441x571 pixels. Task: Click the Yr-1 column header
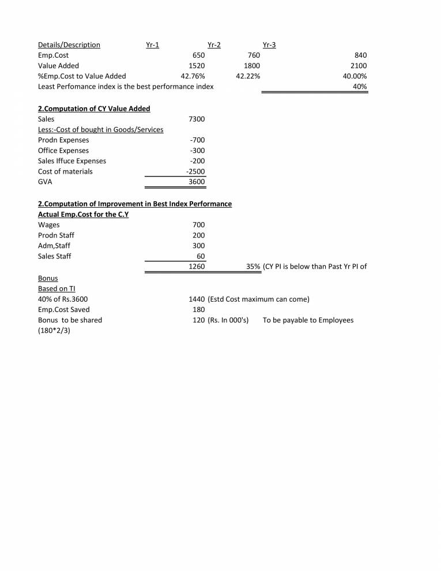153,45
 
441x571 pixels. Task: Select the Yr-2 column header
214,45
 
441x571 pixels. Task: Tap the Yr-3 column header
269,45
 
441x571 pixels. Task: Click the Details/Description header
69,45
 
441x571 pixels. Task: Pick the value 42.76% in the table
193,76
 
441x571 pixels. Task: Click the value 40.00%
355,76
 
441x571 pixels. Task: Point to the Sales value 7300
197,119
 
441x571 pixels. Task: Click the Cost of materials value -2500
195,171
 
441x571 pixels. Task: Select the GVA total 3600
197,182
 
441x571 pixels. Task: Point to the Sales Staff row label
54,256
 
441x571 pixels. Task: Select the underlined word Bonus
48,278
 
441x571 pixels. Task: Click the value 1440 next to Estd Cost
197,299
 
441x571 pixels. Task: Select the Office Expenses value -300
197,151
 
